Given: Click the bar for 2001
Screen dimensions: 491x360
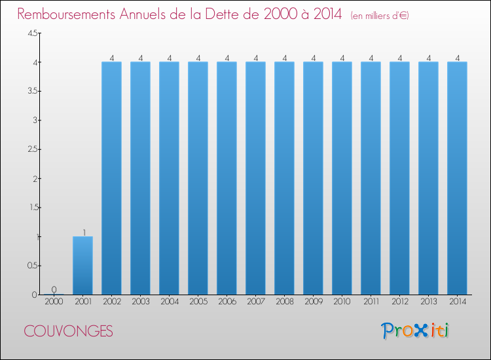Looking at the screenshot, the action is pyautogui.click(x=82, y=266).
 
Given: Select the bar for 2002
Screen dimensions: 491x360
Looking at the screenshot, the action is pyautogui.click(x=111, y=178).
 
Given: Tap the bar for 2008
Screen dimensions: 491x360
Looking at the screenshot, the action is pyautogui.click(x=284, y=178).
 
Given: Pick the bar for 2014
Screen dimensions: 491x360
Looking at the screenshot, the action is pyautogui.click(x=457, y=178).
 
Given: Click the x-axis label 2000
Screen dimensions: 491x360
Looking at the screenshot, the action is pyautogui.click(x=54, y=302).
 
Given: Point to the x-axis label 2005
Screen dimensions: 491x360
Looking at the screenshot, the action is pyautogui.click(x=198, y=302).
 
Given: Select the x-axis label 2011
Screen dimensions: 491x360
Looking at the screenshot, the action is pyautogui.click(x=371, y=302).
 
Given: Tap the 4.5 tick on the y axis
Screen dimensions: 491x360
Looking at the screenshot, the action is pyautogui.click(x=33, y=33).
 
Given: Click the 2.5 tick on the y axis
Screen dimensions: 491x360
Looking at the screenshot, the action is pyautogui.click(x=33, y=149).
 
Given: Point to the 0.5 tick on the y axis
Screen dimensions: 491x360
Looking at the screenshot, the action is pyautogui.click(x=33, y=266).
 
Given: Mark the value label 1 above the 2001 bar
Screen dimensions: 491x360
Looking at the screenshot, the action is pyautogui.click(x=84, y=232).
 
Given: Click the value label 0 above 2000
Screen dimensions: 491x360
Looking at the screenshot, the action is pyautogui.click(x=54, y=289).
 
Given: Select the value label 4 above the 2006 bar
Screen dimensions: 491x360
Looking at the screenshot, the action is pyautogui.click(x=227, y=58).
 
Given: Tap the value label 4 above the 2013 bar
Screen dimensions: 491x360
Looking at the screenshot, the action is pyautogui.click(x=429, y=58).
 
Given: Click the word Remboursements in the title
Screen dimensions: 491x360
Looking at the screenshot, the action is pyautogui.click(x=66, y=14).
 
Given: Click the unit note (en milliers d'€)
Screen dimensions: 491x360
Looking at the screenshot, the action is pyautogui.click(x=380, y=15).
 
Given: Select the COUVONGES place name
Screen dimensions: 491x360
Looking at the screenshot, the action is pyautogui.click(x=68, y=331).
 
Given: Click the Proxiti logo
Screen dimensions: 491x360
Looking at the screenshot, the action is pyautogui.click(x=415, y=331).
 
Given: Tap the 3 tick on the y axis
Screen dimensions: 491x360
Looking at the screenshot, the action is pyautogui.click(x=35, y=120).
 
